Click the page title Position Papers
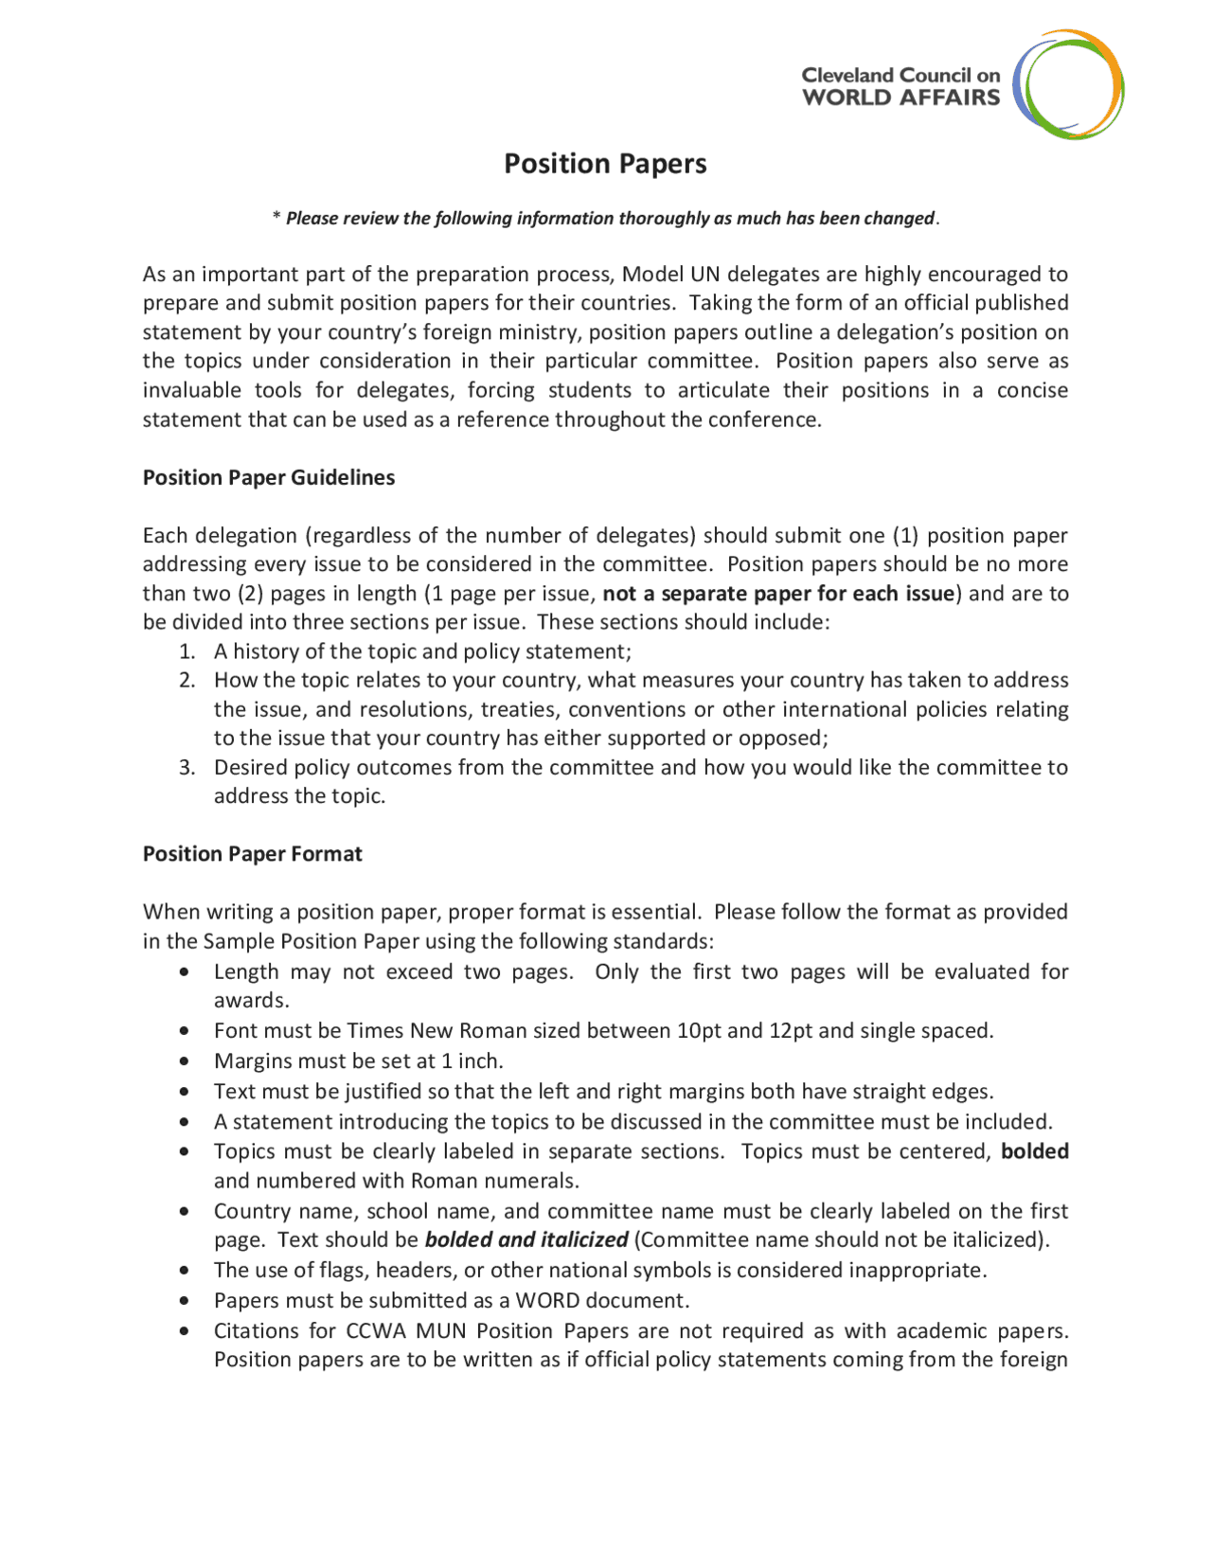coord(605,164)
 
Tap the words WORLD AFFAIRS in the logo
coord(900,98)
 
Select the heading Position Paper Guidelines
coord(269,477)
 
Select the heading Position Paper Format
coord(253,853)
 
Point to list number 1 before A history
coord(187,651)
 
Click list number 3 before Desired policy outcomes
coord(187,767)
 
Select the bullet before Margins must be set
coord(184,1061)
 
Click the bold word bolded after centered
coord(1035,1151)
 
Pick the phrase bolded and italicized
coord(526,1239)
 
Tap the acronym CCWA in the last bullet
coord(376,1330)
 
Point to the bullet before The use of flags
coord(184,1271)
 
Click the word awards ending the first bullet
coord(250,1001)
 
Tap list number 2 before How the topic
coord(187,680)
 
